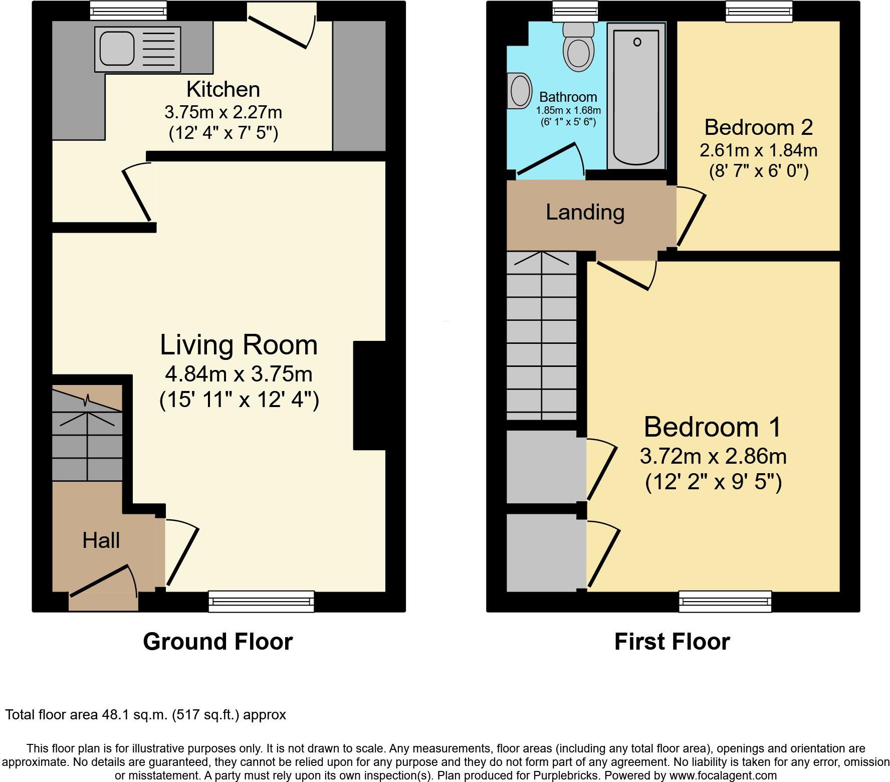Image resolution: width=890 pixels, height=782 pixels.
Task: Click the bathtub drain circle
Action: pos(637,42)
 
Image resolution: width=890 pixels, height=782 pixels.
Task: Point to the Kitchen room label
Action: pos(223,90)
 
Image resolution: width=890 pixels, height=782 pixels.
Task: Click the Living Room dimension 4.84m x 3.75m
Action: pos(239,374)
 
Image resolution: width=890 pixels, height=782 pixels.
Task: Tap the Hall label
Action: pos(101,540)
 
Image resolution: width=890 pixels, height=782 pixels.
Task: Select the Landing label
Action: pos(585,212)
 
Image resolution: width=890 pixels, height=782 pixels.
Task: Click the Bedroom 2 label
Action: pos(758,127)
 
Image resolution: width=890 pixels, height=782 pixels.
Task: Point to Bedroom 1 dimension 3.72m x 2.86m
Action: pos(713,456)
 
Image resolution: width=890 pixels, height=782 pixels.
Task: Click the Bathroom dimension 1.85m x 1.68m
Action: pos(568,110)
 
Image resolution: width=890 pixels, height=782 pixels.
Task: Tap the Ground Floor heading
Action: pos(217,642)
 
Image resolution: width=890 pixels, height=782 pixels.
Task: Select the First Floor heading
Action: pos(672,642)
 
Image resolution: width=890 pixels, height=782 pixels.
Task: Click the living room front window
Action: pos(261,601)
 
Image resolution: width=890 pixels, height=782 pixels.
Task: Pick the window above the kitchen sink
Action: pos(128,10)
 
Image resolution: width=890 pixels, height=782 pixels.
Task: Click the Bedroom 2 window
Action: pos(759,11)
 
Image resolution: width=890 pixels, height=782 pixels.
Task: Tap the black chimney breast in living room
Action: pos(369,396)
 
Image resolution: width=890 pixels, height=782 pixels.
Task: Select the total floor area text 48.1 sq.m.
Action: pos(145,715)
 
